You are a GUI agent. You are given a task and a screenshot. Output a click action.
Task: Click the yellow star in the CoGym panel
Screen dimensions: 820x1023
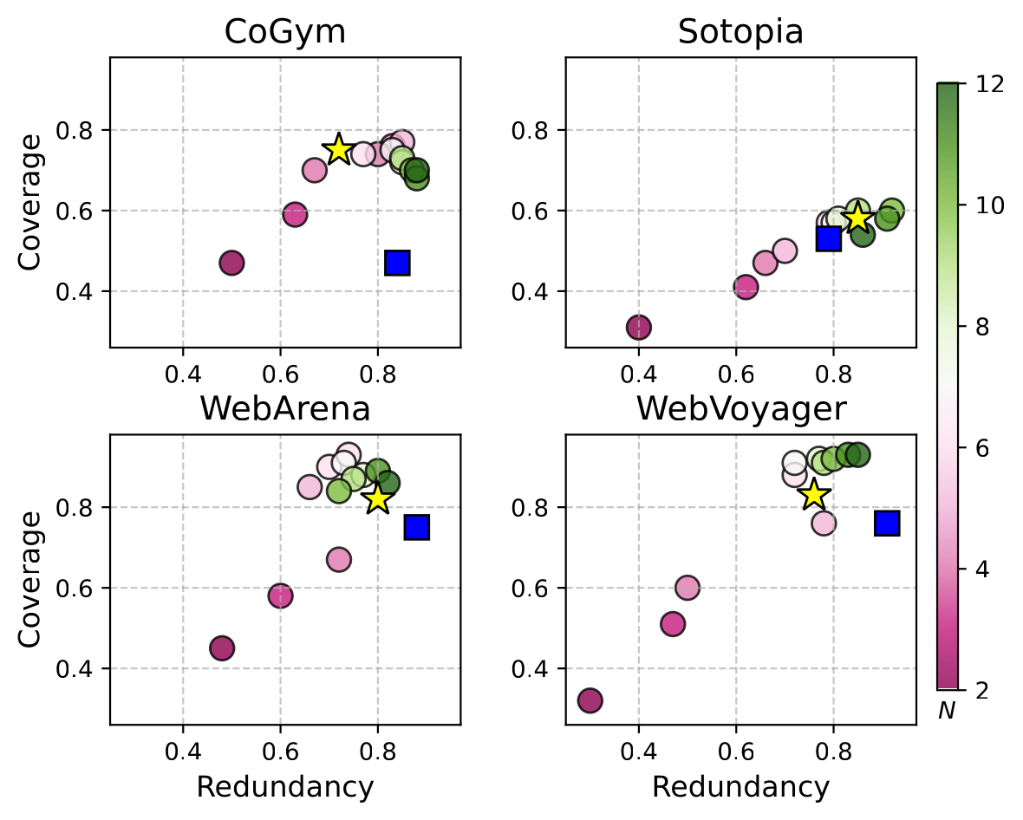338,150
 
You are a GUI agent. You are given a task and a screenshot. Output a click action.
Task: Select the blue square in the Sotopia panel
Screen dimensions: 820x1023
829,238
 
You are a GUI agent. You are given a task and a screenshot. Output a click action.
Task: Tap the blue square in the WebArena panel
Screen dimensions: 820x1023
417,527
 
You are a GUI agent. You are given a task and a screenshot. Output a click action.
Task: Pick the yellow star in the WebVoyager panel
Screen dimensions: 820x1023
813,495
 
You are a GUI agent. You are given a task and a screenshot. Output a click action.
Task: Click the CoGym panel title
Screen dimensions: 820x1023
284,33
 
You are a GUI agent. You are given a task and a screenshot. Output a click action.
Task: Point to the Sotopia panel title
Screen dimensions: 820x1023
740,33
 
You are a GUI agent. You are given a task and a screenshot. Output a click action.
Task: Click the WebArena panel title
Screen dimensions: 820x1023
284,409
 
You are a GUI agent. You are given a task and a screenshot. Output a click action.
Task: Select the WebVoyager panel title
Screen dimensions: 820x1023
740,409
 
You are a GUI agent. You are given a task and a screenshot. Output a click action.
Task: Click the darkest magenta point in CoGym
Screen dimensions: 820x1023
231,263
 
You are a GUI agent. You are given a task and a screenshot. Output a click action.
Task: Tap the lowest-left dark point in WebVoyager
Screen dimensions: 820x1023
590,700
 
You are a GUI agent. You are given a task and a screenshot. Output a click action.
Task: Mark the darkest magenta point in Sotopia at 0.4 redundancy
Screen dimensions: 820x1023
639,327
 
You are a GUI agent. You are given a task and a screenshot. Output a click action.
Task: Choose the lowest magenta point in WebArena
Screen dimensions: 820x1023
222,648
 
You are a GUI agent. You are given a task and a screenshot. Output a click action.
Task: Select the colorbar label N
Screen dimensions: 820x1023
947,712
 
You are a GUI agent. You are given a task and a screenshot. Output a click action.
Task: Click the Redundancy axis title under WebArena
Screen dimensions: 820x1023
284,787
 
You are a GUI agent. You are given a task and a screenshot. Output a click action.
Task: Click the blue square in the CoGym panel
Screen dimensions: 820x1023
397,263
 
